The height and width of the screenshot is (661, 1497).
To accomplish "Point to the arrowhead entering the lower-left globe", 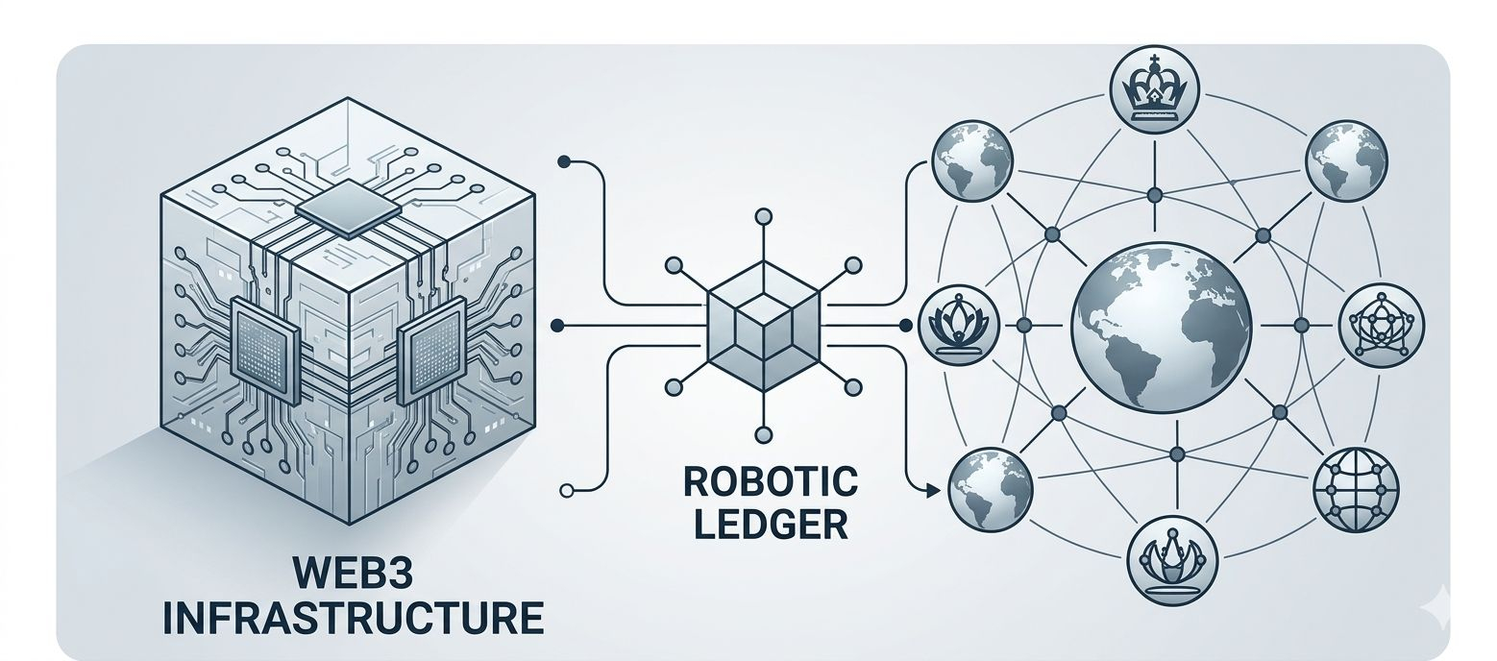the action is pos(932,492).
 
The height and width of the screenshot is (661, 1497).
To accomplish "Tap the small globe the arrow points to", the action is pos(990,488).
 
